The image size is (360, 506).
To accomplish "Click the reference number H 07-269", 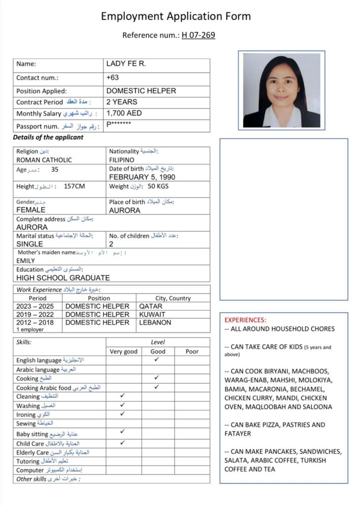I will (x=199, y=35).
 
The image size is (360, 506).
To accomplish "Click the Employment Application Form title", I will (x=176, y=16).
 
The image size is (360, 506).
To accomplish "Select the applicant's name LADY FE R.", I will (x=126, y=64).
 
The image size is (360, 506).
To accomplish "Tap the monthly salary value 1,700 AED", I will (x=124, y=113).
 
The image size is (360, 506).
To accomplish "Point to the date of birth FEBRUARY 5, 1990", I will (x=142, y=177).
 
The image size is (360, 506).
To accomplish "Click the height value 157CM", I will (x=75, y=186).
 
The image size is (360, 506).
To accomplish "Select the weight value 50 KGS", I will (x=159, y=186).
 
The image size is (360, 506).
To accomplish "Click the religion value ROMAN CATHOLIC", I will (x=44, y=160).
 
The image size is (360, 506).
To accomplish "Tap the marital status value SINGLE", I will (x=30, y=244).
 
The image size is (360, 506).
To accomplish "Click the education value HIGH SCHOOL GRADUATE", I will (x=63, y=278).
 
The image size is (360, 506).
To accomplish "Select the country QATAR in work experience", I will (x=151, y=306).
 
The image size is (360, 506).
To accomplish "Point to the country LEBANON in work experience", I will (x=155, y=323).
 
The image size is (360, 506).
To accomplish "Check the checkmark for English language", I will (x=157, y=360).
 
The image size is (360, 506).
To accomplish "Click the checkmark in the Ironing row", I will (x=122, y=414).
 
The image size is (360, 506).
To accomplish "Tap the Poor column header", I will (x=192, y=351).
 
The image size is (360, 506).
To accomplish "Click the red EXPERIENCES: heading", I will (x=245, y=320).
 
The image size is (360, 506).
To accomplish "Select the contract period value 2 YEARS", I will (x=122, y=102).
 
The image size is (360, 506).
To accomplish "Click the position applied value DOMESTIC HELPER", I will (x=141, y=91).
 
